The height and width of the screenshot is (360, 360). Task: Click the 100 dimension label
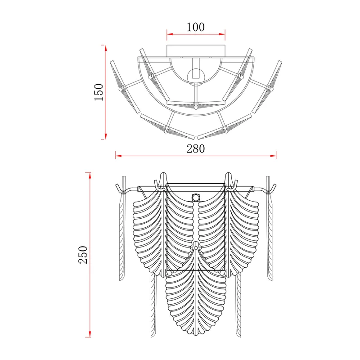(196, 27)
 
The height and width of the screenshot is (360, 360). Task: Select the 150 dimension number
(99, 92)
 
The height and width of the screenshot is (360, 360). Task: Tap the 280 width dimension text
(196, 149)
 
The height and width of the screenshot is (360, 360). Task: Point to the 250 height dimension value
(83, 255)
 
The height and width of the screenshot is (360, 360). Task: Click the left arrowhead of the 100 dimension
(170, 35)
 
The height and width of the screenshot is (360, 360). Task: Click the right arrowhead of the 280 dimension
(273, 156)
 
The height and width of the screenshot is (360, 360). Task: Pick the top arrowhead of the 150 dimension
(106, 48)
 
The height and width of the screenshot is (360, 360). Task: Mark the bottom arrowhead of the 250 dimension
(90, 334)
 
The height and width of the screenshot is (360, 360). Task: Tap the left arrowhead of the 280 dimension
(118, 156)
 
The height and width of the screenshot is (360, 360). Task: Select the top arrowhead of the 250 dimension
(90, 175)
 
